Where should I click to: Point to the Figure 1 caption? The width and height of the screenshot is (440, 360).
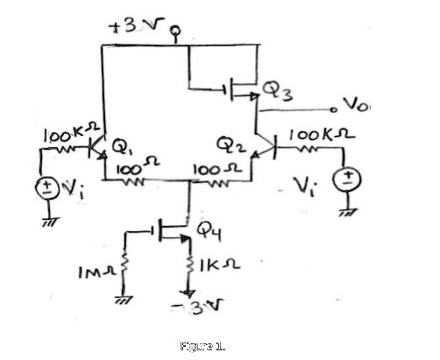point(204,346)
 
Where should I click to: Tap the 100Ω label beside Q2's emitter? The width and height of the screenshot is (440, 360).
point(210,166)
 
